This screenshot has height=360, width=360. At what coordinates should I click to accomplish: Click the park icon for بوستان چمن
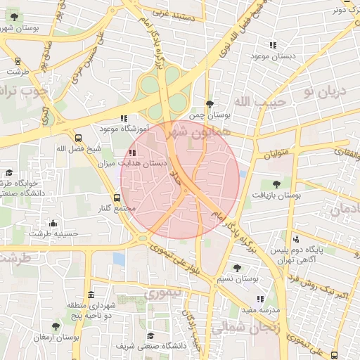(210, 103)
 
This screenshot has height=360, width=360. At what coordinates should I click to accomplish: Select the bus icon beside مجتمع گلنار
(117, 198)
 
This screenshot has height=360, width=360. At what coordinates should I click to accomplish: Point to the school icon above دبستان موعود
(273, 45)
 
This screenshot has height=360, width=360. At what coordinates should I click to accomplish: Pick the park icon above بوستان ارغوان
(56, 326)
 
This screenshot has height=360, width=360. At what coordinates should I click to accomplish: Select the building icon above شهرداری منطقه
(91, 295)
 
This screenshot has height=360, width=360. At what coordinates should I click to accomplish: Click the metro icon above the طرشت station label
(17, 60)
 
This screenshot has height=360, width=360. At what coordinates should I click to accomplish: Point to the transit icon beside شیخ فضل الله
(78, 138)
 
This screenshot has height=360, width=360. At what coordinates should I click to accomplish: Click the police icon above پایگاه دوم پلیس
(296, 239)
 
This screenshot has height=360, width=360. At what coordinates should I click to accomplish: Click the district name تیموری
(163, 290)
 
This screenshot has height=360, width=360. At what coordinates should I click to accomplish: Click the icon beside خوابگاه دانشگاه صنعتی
(9, 172)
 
